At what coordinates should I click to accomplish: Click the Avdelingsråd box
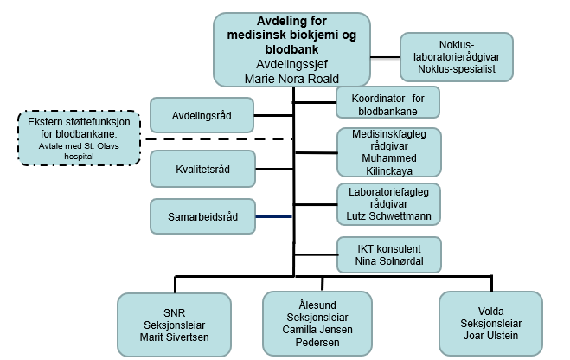click(x=202, y=114)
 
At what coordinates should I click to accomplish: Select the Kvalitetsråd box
click(x=202, y=168)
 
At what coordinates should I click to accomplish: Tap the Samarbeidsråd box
click(x=202, y=215)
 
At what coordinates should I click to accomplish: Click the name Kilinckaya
click(x=388, y=171)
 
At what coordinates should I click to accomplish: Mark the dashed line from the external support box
click(x=216, y=138)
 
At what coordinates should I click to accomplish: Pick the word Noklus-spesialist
click(x=456, y=68)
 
